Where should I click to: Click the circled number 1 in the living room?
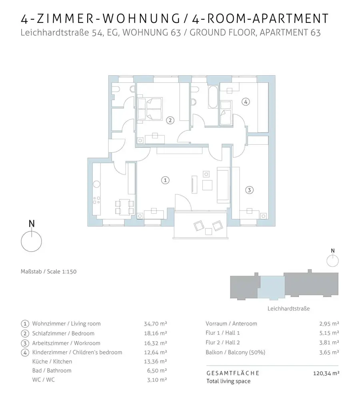pyautogui.click(x=165, y=180)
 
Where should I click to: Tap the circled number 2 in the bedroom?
pyautogui.click(x=170, y=120)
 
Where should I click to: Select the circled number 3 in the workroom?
pyautogui.click(x=249, y=190)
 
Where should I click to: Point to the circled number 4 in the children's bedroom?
pyautogui.click(x=246, y=102)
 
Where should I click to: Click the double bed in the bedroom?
pyautogui.click(x=150, y=108)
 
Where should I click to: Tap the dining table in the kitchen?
pyautogui.click(x=124, y=207)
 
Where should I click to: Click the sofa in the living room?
pyautogui.click(x=223, y=185)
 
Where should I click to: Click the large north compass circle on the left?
pyautogui.click(x=32, y=241)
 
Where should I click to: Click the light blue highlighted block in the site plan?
pyautogui.click(x=272, y=287)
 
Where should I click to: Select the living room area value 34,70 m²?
pyautogui.click(x=155, y=324)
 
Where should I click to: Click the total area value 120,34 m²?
pyautogui.click(x=326, y=373)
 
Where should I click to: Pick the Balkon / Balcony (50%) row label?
pyautogui.click(x=235, y=352)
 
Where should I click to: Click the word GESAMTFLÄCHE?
pyautogui.click(x=233, y=373)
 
